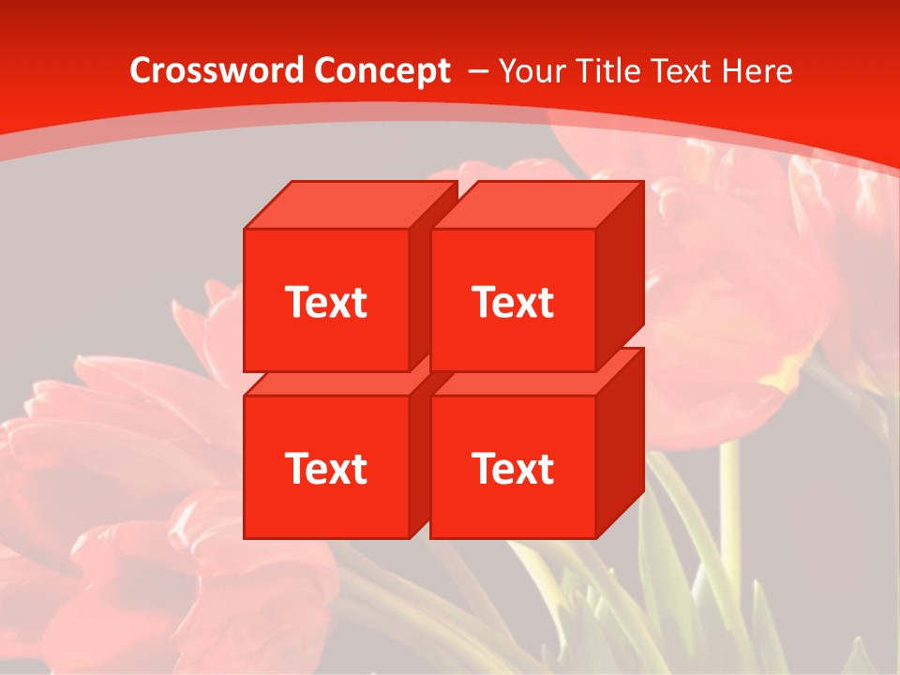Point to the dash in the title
tap(476, 71)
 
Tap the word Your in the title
tap(531, 71)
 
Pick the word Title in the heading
tap(606, 71)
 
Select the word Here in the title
tap(760, 71)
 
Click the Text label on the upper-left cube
tap(325, 302)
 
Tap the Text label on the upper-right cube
tap(513, 302)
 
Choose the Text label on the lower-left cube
tap(325, 468)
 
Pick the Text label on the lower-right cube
tap(513, 468)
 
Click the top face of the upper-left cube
tap(349, 205)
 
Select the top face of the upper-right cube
tap(536, 205)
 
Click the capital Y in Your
tap(507, 71)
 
